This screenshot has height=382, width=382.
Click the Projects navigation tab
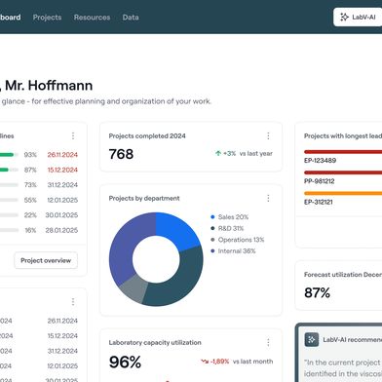click(x=47, y=18)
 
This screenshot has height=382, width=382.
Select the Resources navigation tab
click(x=92, y=18)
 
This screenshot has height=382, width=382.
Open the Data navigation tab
click(x=131, y=18)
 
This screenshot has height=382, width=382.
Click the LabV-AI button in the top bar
click(x=357, y=18)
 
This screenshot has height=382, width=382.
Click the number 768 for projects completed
click(x=122, y=154)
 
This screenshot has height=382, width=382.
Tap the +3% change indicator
click(x=227, y=153)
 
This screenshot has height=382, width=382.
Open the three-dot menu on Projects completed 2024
click(x=268, y=136)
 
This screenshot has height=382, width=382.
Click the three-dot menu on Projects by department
click(x=268, y=198)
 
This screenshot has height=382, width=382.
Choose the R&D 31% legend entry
click(x=230, y=228)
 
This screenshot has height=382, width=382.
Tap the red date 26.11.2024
click(x=61, y=154)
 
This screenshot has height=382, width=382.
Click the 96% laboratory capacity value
click(x=126, y=362)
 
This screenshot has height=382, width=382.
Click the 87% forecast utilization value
click(x=318, y=292)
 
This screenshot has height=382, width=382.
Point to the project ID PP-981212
click(x=321, y=180)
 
